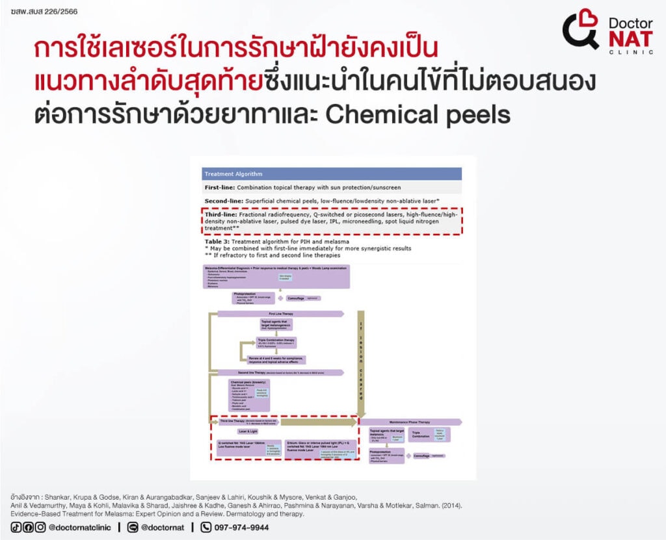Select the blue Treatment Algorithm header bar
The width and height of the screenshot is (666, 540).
click(x=332, y=174)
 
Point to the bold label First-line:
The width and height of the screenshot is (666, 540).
click(x=220, y=187)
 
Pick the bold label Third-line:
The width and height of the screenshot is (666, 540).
click(x=220, y=214)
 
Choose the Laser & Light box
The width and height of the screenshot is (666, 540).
click(x=248, y=431)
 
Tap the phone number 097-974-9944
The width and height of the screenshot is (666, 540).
click(x=242, y=528)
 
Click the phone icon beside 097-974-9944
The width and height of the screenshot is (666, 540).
click(x=206, y=528)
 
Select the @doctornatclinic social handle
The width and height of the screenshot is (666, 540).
click(x=79, y=528)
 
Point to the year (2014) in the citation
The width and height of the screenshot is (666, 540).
click(x=451, y=504)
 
